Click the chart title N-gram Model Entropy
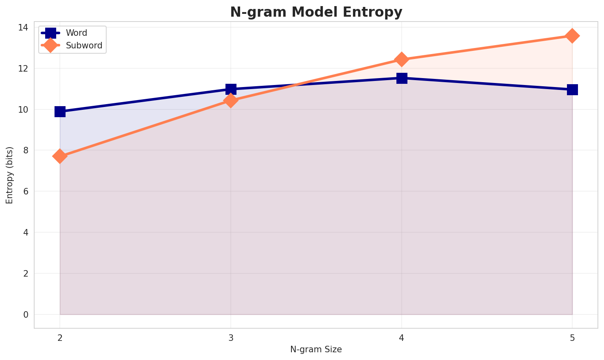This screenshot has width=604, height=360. point(316,12)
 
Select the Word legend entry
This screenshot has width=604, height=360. point(77,33)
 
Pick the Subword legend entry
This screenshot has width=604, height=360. point(84,46)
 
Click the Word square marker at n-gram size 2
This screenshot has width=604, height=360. point(60,111)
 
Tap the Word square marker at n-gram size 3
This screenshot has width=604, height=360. point(231,89)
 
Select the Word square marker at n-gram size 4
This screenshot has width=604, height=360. point(402,78)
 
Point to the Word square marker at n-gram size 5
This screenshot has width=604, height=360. point(572,89)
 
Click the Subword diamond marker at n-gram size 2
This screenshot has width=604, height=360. point(60,156)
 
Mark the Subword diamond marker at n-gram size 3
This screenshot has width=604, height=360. point(231,100)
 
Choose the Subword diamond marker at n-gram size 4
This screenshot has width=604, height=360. point(402,59)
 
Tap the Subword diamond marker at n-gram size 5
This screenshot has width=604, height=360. point(572,36)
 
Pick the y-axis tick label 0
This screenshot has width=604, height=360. point(26,314)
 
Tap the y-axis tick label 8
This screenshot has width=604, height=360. point(26,151)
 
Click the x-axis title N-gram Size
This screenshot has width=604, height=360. point(316,349)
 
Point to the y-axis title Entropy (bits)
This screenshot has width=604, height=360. point(9,175)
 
